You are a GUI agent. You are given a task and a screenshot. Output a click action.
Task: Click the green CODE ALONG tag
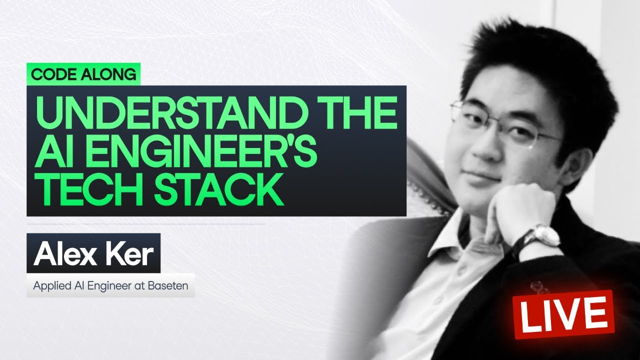pyautogui.click(x=83, y=74)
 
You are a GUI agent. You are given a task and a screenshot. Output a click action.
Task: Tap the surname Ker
pyautogui.click(x=129, y=254)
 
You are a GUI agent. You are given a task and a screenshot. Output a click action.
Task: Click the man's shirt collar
pyautogui.click(x=465, y=235)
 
